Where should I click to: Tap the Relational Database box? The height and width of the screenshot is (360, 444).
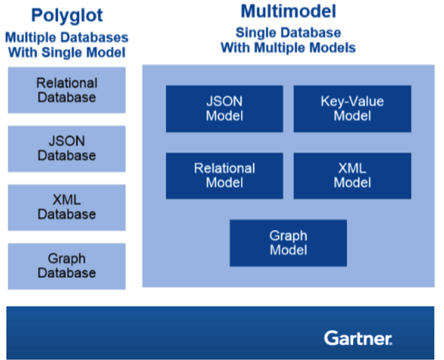(67, 90)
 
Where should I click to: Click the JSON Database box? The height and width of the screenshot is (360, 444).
(67, 149)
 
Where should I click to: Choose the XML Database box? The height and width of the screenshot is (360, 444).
(67, 207)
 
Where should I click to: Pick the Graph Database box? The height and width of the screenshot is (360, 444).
(67, 266)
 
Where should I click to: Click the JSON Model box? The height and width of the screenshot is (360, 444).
(225, 108)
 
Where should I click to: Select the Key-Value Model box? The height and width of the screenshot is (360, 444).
(352, 108)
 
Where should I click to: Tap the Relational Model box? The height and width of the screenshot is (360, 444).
(225, 176)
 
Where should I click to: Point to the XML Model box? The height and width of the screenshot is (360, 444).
(352, 176)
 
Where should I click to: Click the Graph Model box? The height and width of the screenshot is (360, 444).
(288, 243)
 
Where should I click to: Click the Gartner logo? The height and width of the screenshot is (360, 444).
(358, 337)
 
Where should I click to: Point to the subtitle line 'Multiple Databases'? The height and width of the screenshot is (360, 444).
(66, 38)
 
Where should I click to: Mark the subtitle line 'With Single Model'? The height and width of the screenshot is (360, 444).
(66, 53)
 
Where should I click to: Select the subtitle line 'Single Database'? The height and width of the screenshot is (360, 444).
(288, 33)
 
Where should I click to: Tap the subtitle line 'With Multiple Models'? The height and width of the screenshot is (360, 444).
(288, 47)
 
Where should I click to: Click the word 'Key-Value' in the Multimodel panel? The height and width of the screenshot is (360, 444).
(352, 101)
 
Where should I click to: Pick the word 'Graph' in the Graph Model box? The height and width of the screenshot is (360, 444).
(288, 236)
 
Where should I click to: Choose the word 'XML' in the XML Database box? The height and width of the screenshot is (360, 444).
(67, 201)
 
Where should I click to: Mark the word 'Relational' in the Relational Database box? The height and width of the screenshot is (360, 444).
(67, 83)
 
